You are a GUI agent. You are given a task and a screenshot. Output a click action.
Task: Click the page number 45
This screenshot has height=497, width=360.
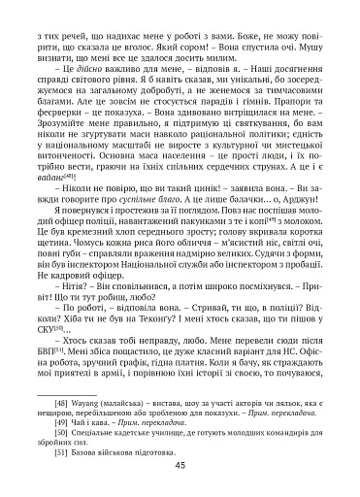tap(180, 465)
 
